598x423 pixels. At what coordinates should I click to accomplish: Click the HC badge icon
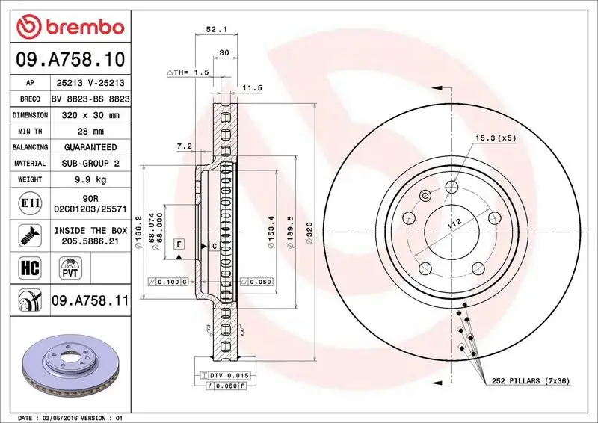click(x=26, y=266)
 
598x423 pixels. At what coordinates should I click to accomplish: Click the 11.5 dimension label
click(x=253, y=88)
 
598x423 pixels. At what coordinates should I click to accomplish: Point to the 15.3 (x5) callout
click(x=496, y=138)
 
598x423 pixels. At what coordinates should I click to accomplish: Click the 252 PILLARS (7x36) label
click(x=531, y=381)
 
